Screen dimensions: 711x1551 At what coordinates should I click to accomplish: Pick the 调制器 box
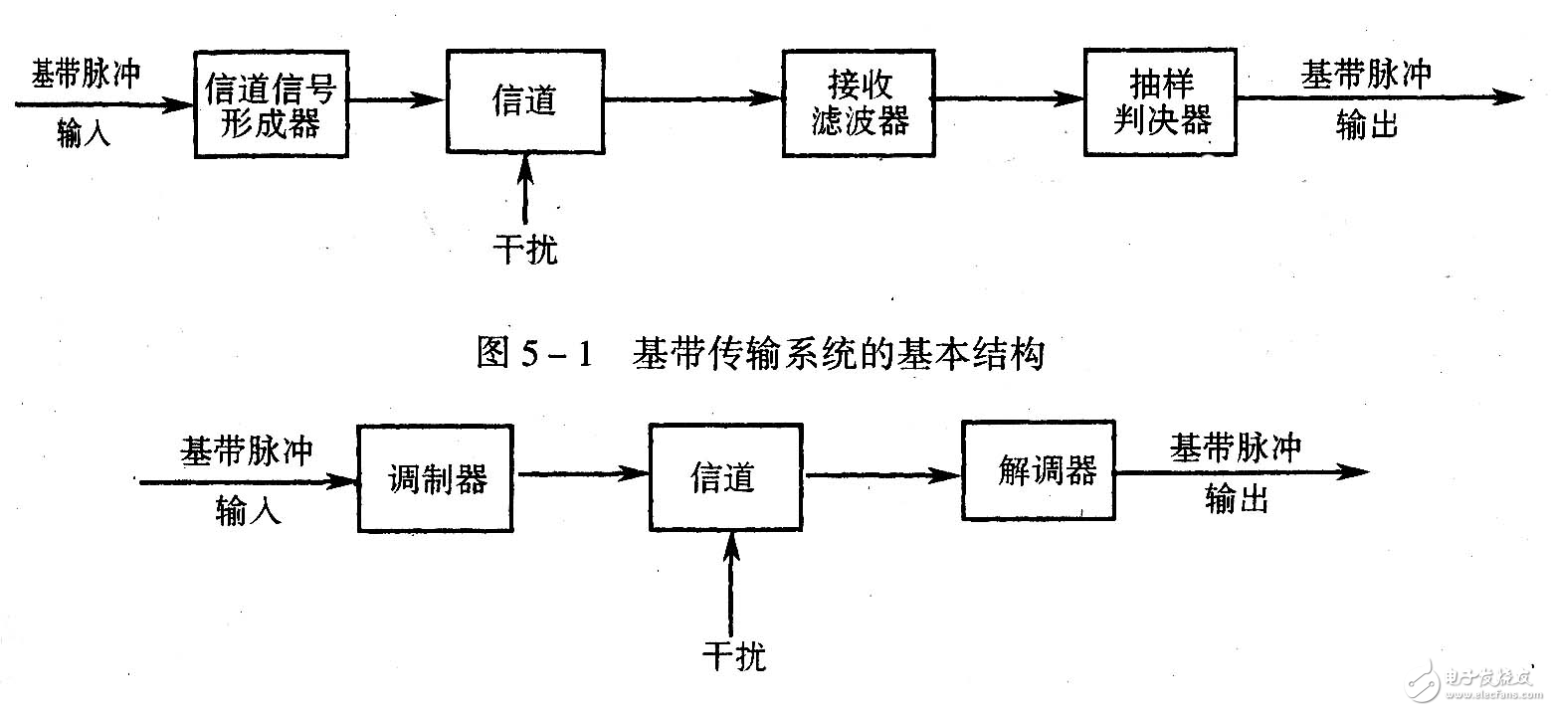(x=436, y=478)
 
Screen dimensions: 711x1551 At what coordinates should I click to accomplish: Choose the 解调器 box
(x=1038, y=470)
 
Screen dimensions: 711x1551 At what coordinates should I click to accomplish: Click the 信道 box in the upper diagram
(x=523, y=101)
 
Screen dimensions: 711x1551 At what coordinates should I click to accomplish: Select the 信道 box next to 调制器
(x=725, y=478)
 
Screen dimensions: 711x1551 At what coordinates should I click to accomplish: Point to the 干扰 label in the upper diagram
(x=525, y=250)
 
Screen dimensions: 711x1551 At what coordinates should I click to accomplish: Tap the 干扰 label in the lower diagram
(x=733, y=655)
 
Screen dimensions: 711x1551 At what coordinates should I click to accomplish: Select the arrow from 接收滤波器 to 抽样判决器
(x=1010, y=98)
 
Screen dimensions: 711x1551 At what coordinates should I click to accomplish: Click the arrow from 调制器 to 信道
(x=582, y=475)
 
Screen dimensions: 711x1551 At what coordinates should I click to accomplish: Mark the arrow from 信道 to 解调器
(x=882, y=476)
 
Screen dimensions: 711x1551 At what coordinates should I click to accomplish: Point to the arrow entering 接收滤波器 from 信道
(x=691, y=97)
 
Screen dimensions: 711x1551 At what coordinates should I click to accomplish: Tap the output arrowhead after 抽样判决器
(x=1507, y=97)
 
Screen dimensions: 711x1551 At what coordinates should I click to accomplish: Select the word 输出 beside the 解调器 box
(x=1237, y=500)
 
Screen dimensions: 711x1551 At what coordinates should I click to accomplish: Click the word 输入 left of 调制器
(x=249, y=511)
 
